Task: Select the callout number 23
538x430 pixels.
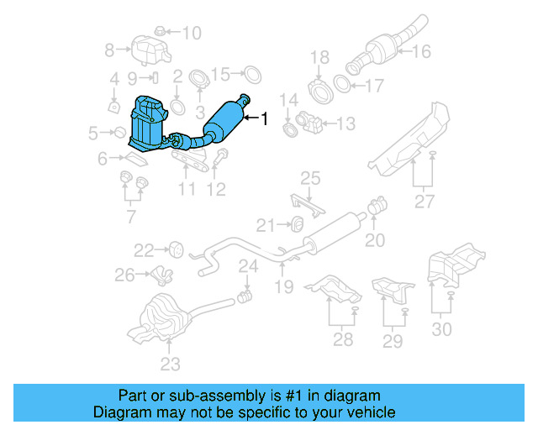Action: click(x=171, y=364)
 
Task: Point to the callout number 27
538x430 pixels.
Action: click(x=424, y=201)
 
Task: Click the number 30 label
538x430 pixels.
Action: click(x=440, y=328)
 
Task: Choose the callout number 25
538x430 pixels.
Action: click(x=311, y=178)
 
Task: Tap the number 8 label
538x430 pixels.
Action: click(x=109, y=50)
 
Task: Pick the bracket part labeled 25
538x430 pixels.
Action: click(x=304, y=204)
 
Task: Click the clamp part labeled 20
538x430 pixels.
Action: click(x=377, y=204)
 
